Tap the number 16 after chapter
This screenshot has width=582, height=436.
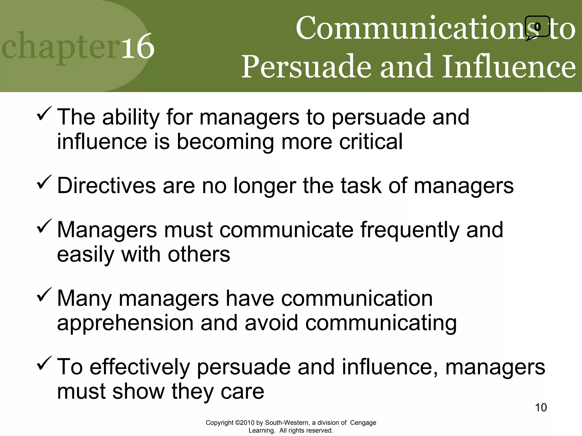click(138, 46)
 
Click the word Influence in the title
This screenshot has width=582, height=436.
click(509, 66)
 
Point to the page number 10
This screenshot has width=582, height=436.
click(541, 408)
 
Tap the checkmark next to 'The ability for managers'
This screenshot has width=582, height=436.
click(44, 113)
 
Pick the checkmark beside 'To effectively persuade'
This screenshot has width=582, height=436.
click(44, 363)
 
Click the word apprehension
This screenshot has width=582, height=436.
click(125, 323)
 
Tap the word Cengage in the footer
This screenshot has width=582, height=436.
click(363, 423)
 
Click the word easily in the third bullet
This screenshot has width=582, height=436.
click(85, 255)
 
